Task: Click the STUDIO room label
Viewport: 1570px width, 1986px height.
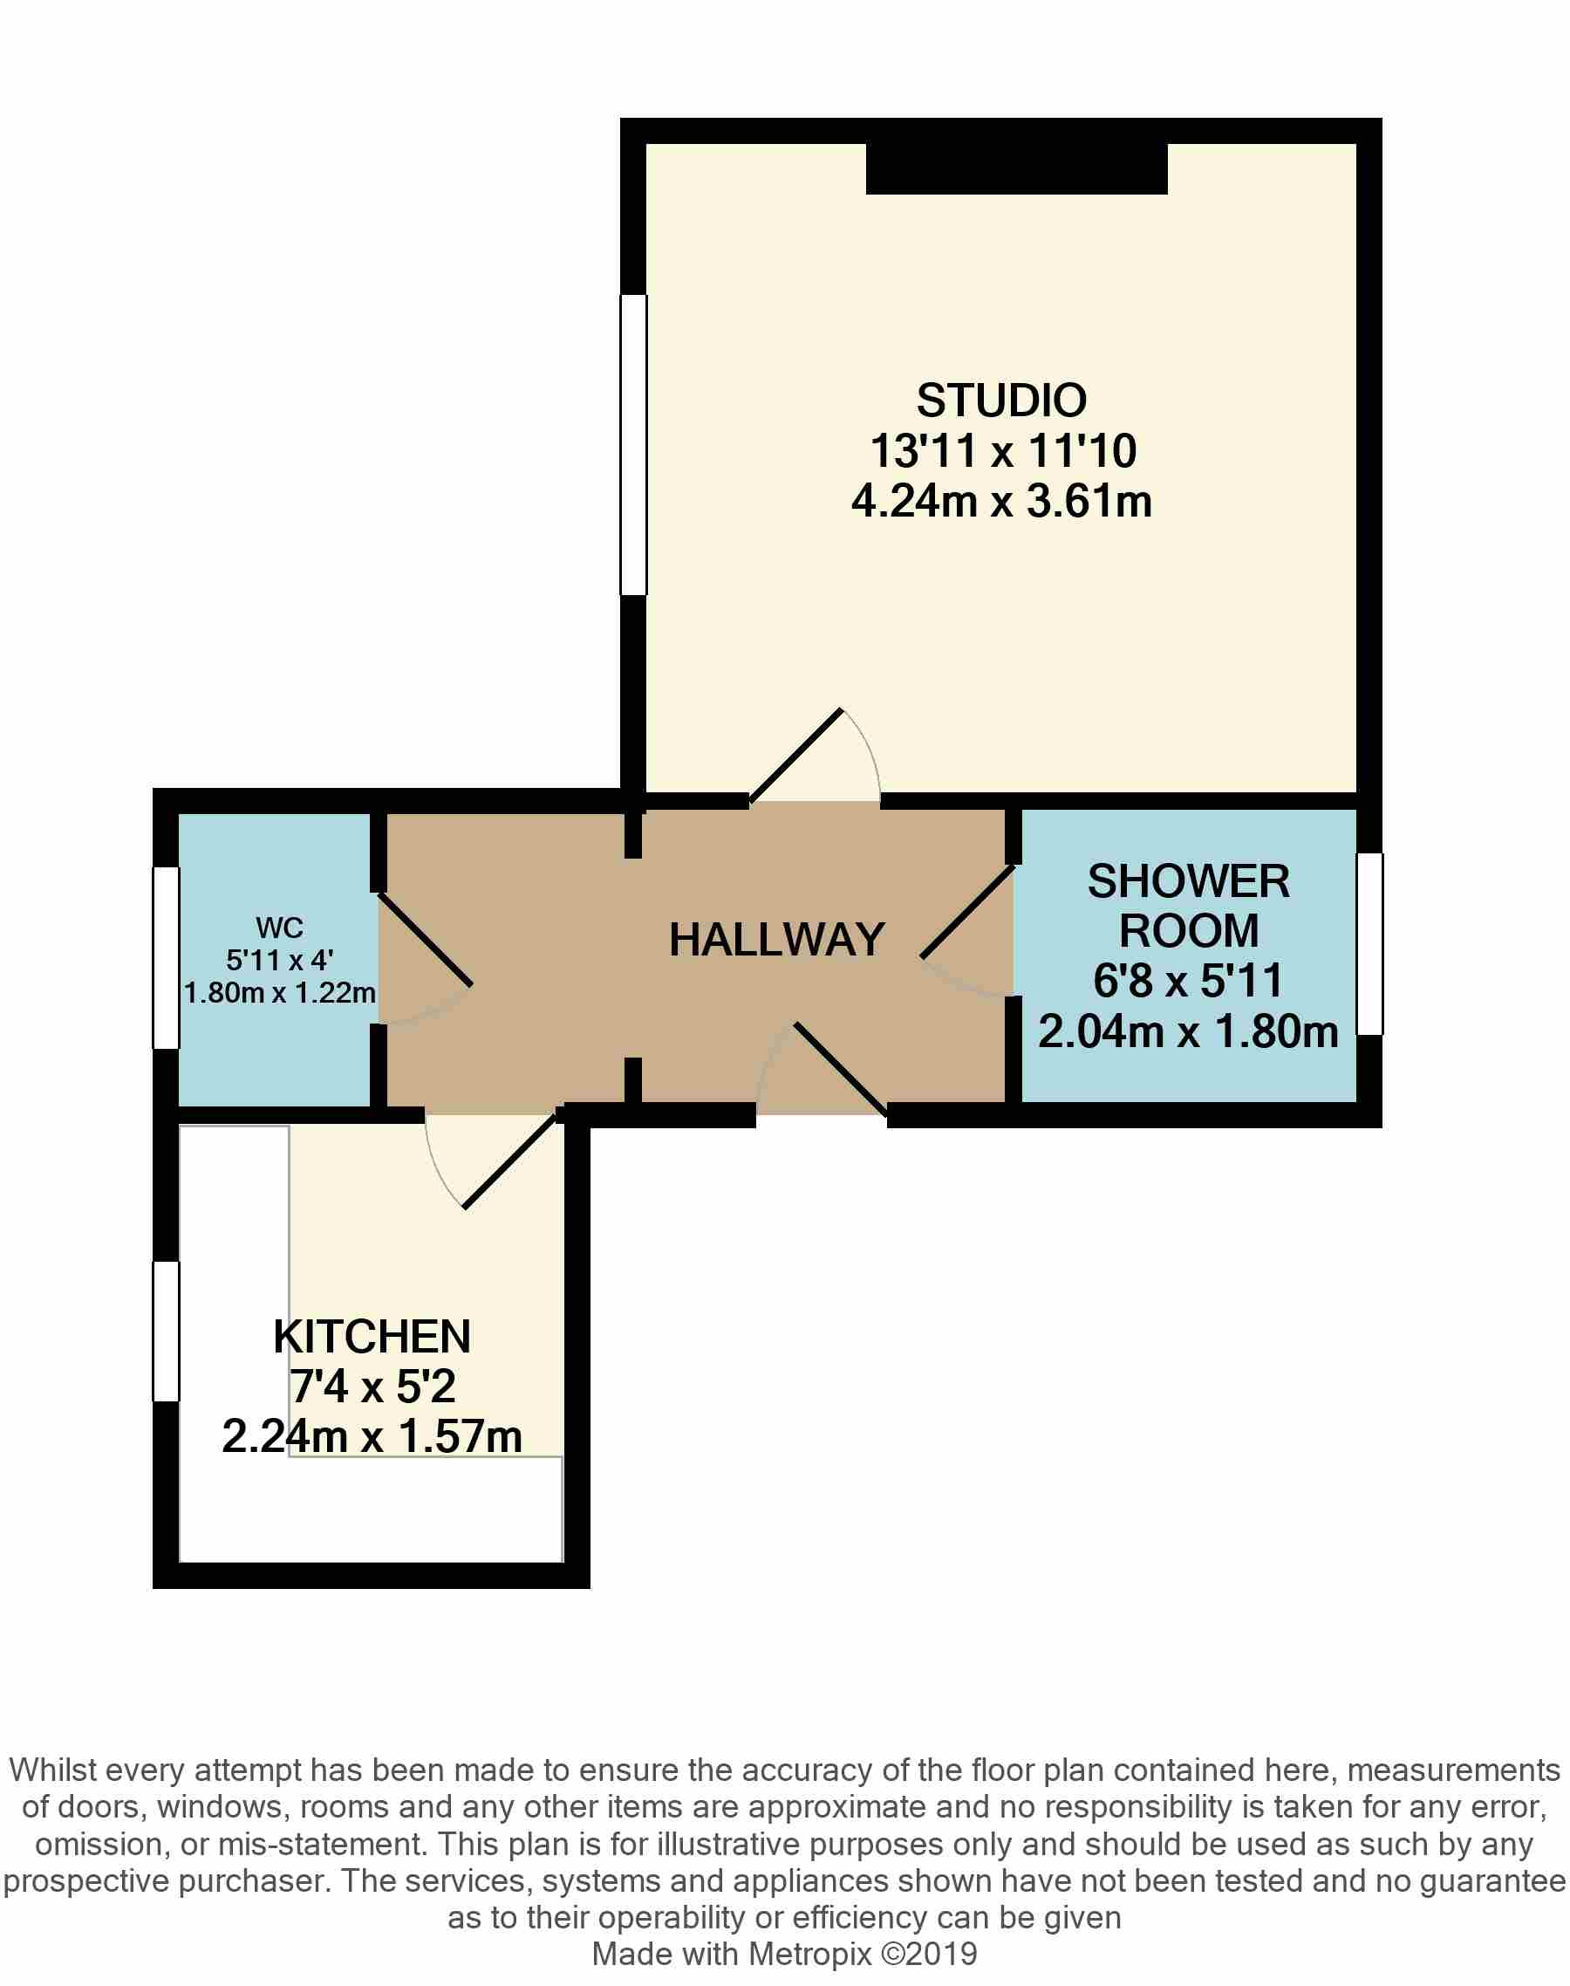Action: (1001, 401)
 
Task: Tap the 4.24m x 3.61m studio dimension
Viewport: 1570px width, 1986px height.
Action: (1001, 502)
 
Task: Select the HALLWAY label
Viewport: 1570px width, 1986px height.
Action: (777, 940)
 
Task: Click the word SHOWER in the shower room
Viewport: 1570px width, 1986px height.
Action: (1188, 882)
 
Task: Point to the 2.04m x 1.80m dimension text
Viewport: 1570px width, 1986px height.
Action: (1188, 1031)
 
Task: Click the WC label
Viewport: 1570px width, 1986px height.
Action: (279, 927)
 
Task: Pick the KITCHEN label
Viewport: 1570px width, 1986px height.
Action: (372, 1337)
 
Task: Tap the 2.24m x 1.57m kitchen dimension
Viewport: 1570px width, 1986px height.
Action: (372, 1436)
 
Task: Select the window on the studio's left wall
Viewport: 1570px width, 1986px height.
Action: (634, 444)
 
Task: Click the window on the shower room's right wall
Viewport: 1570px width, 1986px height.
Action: (1369, 943)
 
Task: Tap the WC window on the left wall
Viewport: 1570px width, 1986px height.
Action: (167, 957)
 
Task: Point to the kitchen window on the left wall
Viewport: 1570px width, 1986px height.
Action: (167, 1331)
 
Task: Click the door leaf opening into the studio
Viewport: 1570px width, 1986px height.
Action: (796, 755)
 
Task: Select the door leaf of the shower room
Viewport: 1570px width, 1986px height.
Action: (967, 911)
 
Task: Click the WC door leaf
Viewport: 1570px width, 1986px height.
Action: (425, 939)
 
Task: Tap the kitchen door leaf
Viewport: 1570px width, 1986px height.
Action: (511, 1161)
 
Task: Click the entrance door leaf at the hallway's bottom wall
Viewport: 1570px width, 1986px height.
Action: (841, 1069)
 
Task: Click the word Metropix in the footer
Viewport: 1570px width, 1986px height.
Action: (809, 1954)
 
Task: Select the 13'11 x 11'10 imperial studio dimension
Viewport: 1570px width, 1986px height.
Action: (1002, 451)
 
